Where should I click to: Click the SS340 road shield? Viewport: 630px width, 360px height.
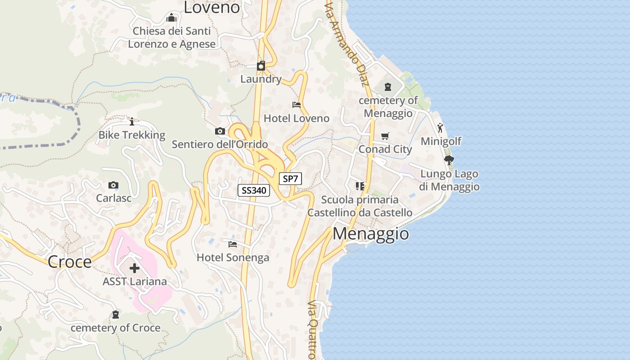click(254, 190)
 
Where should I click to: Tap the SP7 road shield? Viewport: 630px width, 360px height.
click(290, 179)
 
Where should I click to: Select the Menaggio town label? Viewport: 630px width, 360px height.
click(371, 234)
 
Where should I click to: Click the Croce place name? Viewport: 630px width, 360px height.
click(69, 261)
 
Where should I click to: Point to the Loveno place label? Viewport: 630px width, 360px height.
click(212, 7)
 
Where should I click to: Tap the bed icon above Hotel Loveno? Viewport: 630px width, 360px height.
click(297, 105)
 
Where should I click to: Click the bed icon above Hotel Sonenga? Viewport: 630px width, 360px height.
click(233, 244)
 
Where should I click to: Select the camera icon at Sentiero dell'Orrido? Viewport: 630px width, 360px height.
click(220, 131)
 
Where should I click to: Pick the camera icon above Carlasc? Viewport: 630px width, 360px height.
click(113, 185)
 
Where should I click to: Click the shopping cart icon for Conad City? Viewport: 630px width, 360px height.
click(385, 135)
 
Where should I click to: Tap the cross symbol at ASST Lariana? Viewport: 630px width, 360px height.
click(135, 268)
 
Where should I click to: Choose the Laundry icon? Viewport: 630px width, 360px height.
click(261, 66)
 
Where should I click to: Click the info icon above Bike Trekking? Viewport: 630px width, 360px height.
click(132, 121)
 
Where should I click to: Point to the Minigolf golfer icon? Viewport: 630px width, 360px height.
click(441, 128)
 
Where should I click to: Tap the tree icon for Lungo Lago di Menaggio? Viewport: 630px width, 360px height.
click(449, 160)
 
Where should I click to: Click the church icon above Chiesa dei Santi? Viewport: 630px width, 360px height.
click(171, 18)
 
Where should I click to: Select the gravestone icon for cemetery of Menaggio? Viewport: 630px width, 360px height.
click(388, 86)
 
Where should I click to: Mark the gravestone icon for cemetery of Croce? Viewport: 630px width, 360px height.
click(116, 314)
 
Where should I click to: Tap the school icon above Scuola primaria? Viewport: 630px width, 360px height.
click(360, 186)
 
